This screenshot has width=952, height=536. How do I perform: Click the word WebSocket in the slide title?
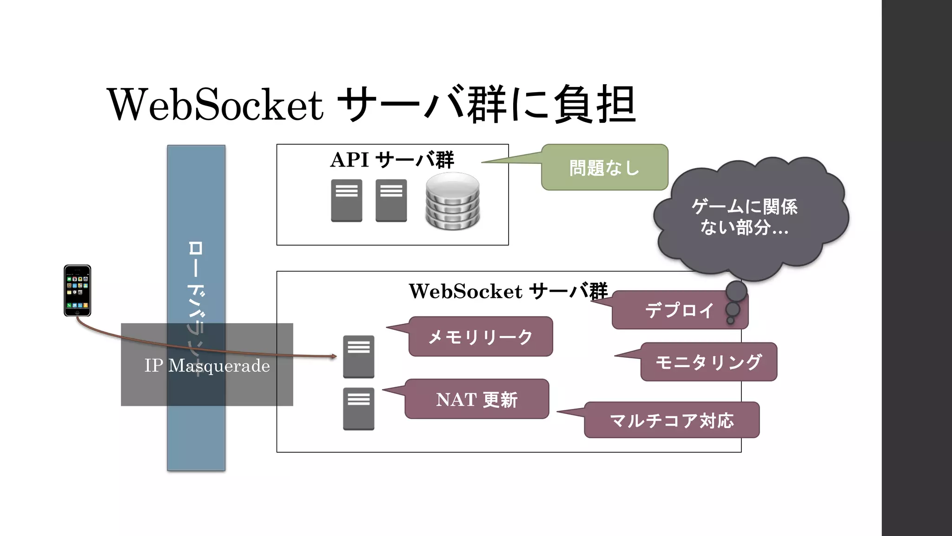point(215,105)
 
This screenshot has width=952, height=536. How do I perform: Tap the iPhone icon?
point(77,290)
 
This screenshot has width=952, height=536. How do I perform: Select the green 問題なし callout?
point(604,167)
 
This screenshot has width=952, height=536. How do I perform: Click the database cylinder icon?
point(452,201)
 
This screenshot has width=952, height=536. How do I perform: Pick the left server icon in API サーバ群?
point(346,201)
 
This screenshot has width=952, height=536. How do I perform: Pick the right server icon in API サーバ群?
point(391,201)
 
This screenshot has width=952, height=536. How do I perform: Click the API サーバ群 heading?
point(392,160)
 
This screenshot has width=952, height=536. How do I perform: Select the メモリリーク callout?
point(480,337)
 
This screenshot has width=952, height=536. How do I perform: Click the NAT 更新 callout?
point(476,399)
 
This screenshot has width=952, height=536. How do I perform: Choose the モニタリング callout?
point(708,362)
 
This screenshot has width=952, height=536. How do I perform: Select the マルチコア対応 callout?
point(672,420)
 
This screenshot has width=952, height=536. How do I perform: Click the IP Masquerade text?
point(207,366)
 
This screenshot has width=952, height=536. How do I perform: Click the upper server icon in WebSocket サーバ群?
point(358,356)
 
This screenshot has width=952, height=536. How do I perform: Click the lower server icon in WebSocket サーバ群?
point(358,409)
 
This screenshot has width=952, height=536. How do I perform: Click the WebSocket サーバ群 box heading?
point(508,291)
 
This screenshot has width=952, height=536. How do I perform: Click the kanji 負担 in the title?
point(595,105)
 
